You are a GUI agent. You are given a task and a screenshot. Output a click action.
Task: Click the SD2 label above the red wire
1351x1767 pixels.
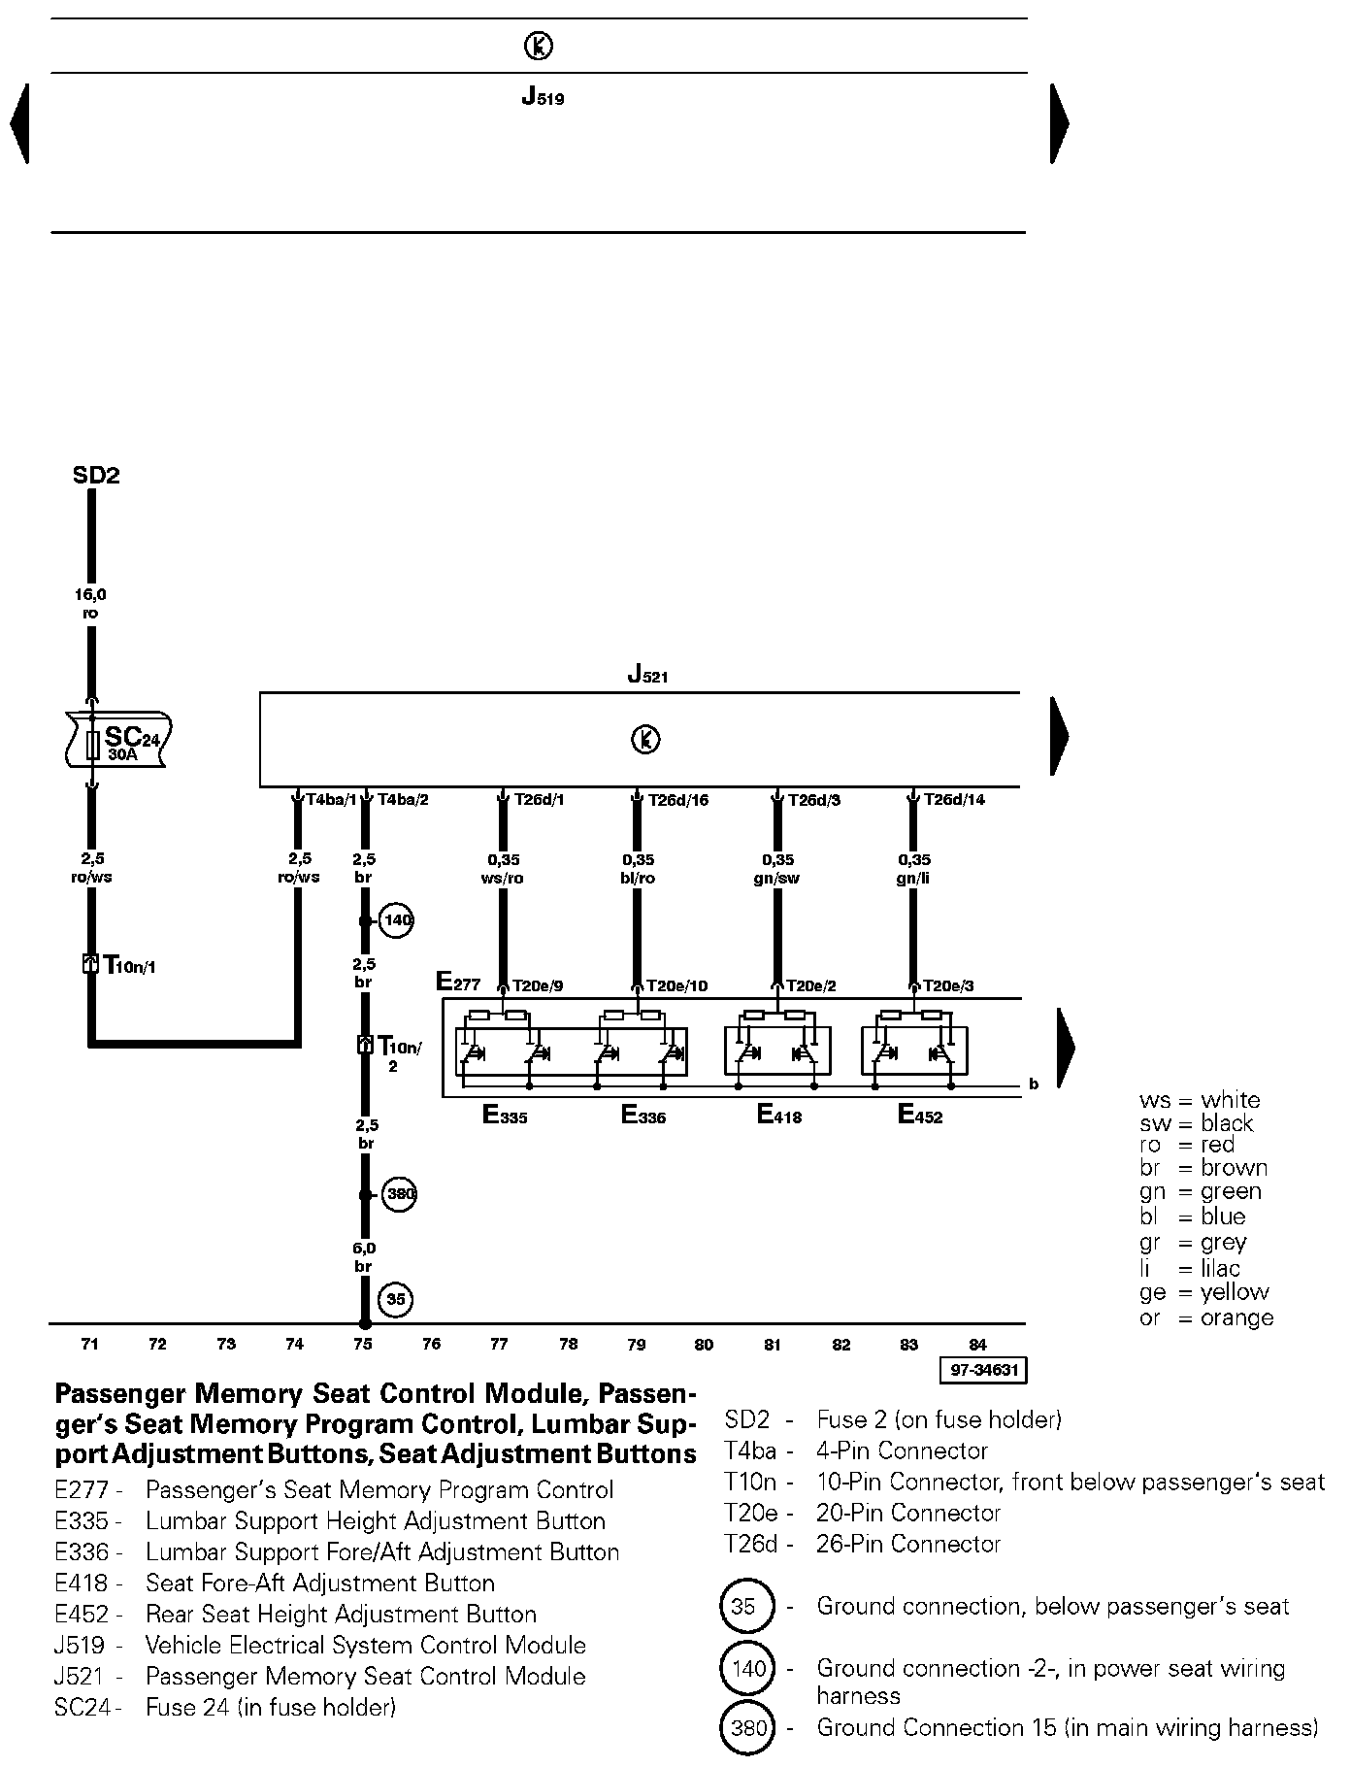tap(96, 476)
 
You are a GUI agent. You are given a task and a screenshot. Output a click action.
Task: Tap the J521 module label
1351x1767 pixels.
tap(646, 674)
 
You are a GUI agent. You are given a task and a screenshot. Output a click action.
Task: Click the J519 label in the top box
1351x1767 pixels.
tap(543, 97)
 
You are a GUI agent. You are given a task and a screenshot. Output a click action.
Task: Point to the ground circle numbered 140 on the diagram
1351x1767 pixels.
tap(396, 919)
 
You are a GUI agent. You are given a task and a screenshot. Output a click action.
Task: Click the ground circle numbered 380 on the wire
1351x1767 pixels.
tap(399, 1194)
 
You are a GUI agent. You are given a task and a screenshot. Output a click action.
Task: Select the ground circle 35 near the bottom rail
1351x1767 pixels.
tap(396, 1299)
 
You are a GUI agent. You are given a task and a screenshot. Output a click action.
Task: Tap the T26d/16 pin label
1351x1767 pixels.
tap(678, 800)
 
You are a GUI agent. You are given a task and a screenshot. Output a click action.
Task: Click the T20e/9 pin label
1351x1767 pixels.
tap(537, 985)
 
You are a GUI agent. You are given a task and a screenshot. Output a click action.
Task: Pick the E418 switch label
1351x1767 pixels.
tap(778, 1116)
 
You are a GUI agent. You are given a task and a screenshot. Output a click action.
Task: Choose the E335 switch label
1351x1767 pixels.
tap(505, 1116)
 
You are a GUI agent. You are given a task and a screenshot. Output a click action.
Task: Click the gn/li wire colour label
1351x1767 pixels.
tap(914, 879)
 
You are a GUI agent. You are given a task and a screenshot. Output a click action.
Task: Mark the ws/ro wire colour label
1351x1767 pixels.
tap(503, 879)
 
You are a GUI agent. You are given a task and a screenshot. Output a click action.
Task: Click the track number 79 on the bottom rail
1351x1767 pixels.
tap(636, 1345)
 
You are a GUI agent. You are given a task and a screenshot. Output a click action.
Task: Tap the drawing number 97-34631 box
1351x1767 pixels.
tap(982, 1370)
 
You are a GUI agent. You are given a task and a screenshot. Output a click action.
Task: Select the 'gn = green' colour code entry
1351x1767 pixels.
tap(1200, 1192)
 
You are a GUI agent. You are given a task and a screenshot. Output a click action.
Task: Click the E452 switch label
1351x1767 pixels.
tap(919, 1116)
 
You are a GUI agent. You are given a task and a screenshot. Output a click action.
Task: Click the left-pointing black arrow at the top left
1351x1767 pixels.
tap(19, 123)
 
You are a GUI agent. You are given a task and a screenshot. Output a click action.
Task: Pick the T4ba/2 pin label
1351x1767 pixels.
tap(403, 800)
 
